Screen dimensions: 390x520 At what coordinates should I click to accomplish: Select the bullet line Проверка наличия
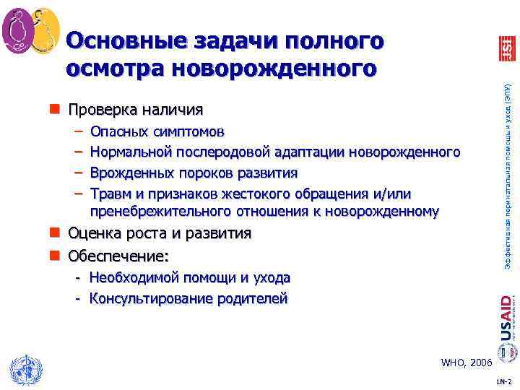[135, 110]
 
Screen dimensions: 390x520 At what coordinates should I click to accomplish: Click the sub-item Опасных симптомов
[157, 132]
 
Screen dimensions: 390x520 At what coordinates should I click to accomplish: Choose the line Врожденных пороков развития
[194, 173]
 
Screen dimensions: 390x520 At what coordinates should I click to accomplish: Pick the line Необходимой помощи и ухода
[190, 277]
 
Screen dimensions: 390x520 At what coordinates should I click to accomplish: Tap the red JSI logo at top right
[506, 48]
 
